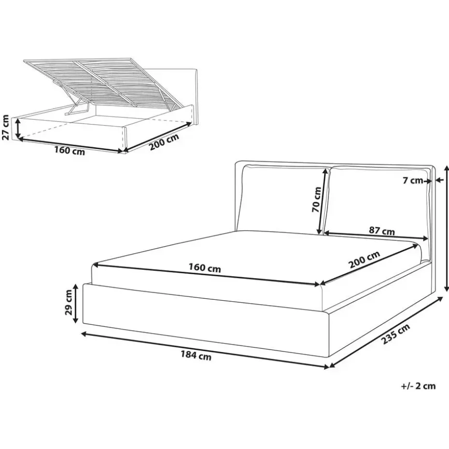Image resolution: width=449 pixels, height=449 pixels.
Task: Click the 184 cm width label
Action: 196,356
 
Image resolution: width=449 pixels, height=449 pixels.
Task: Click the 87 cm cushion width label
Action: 381,231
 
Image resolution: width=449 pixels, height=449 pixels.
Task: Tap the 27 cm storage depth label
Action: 6,127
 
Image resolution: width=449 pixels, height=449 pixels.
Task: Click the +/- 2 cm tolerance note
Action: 418,385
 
